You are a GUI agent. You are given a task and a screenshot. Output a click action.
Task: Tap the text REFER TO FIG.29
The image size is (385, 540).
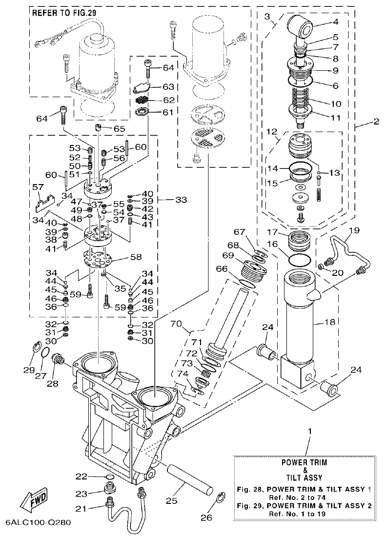[64, 14]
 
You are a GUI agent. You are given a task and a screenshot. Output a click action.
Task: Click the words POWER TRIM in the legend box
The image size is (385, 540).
[304, 462]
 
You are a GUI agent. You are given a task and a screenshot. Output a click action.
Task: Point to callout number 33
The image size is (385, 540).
[181, 200]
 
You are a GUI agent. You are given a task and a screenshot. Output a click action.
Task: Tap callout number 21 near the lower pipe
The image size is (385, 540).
[81, 509]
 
